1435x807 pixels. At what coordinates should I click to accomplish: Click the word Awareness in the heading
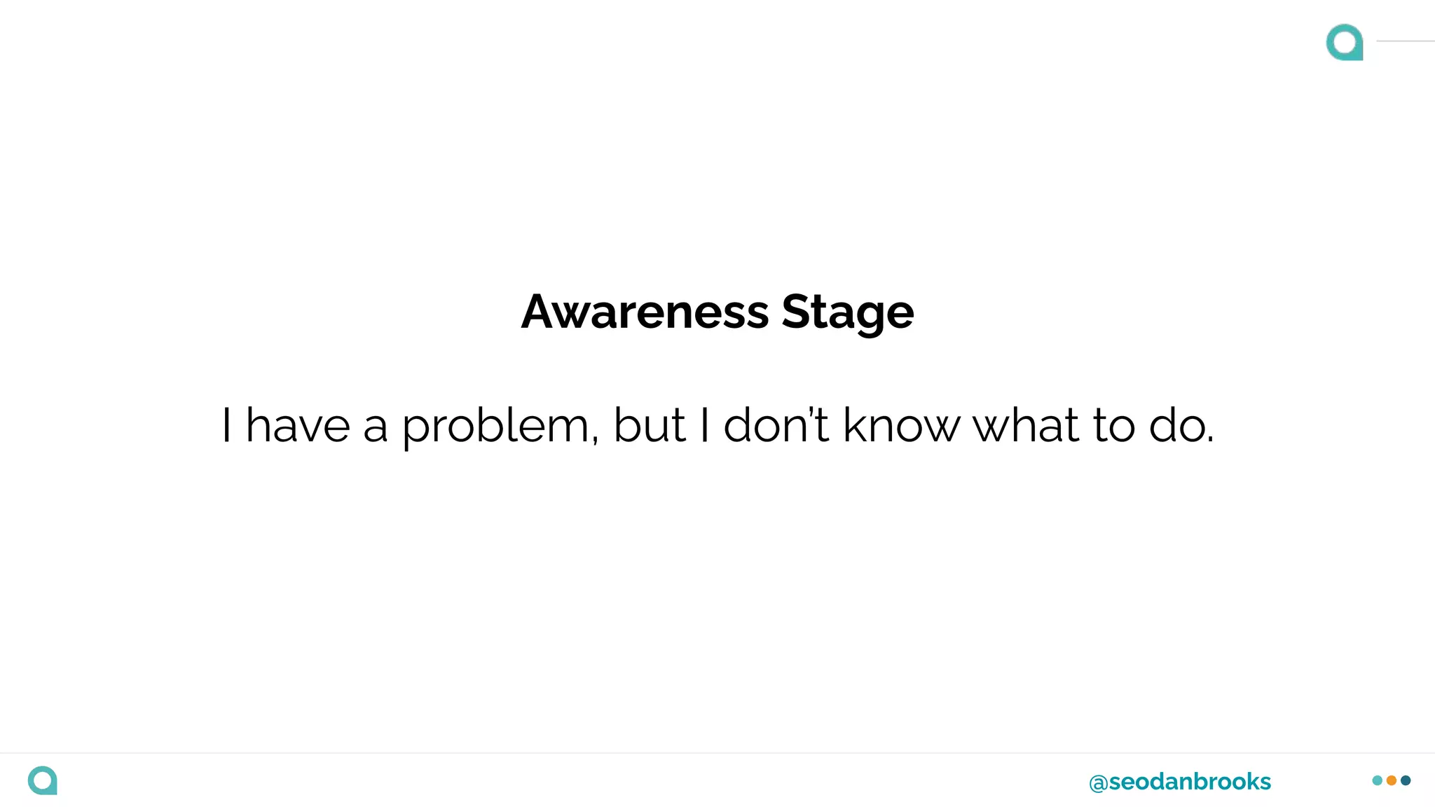(x=645, y=312)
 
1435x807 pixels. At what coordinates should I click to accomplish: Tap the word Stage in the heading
(x=847, y=313)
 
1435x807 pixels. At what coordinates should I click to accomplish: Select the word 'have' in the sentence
(x=298, y=425)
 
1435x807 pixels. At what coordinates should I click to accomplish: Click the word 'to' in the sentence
(x=1113, y=425)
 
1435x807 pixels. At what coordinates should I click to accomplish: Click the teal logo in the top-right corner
(x=1345, y=42)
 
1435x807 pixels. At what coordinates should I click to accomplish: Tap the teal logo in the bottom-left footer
(x=43, y=780)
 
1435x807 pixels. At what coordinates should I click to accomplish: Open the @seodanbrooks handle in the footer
(x=1180, y=782)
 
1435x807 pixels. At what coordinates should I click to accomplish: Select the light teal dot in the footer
(x=1378, y=780)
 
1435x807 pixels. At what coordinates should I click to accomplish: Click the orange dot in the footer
(x=1392, y=780)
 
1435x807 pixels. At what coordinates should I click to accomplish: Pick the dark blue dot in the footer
(x=1406, y=780)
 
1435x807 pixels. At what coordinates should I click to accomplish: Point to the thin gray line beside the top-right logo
(x=1405, y=41)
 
